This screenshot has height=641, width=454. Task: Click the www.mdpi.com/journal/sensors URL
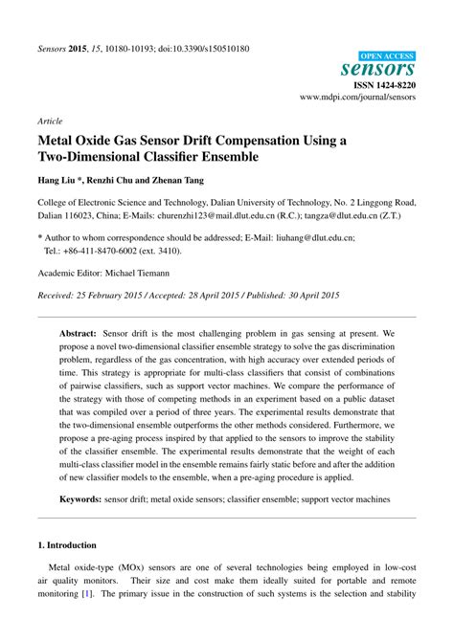click(358, 98)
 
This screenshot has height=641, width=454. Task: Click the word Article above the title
click(50, 122)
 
